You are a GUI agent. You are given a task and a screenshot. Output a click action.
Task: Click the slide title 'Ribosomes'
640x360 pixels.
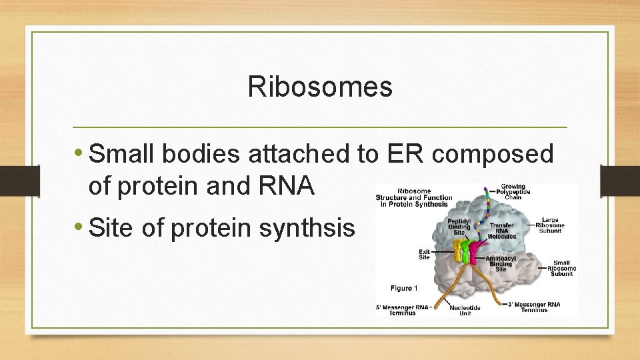point(320,86)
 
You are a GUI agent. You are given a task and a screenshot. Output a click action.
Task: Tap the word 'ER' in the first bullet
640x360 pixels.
point(403,154)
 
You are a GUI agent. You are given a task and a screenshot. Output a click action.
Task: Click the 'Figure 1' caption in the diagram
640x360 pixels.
point(405,288)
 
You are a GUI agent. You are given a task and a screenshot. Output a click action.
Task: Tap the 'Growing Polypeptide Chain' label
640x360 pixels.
point(513,191)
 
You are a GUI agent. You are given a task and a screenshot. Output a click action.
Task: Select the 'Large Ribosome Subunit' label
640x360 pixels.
point(551,225)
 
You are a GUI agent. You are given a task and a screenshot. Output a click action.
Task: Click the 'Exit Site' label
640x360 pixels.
point(424,255)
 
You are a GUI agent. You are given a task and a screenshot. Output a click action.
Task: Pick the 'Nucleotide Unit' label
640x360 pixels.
point(465,310)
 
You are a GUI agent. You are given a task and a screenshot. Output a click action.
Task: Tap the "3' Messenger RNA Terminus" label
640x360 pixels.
point(533,307)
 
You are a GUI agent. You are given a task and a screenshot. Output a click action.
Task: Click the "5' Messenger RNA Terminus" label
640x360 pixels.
point(403,309)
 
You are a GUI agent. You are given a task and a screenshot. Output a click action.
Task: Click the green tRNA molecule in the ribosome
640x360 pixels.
point(467,251)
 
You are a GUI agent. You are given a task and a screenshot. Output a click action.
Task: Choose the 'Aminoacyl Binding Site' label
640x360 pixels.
point(501,263)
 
